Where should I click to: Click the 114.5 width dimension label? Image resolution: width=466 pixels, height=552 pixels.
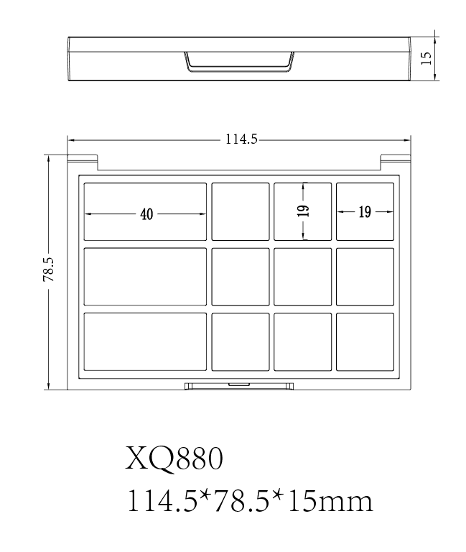click(241, 139)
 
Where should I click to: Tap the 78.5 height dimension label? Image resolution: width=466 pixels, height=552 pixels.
click(49, 270)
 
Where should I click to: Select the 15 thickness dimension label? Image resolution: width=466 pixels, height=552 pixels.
click(427, 58)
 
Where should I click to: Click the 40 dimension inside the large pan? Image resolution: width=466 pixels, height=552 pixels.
click(146, 214)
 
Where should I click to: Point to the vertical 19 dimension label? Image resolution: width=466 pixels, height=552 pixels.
click(303, 211)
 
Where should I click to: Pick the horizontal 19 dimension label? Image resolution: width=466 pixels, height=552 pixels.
click(365, 212)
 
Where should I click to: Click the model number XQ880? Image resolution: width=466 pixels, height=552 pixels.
click(174, 459)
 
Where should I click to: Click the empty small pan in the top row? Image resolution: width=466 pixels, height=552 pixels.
click(241, 211)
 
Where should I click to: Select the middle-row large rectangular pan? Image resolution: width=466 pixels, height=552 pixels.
click(145, 277)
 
